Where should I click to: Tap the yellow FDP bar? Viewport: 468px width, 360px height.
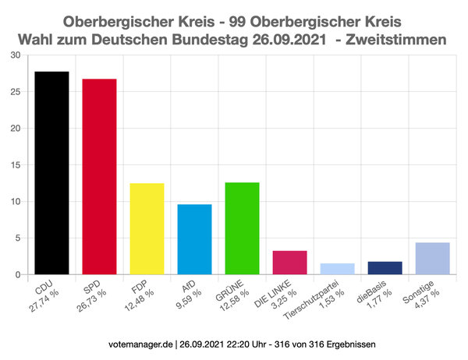[x=147, y=229]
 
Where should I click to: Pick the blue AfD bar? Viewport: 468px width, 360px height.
[x=194, y=239]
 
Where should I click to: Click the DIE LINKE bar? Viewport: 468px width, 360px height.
[x=289, y=263]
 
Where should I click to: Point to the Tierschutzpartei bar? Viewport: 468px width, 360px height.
[x=337, y=269]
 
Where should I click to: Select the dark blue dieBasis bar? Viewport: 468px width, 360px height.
[x=385, y=268]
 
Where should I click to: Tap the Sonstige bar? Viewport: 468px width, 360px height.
[x=432, y=259]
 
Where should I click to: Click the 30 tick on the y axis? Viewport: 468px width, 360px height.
[x=16, y=55]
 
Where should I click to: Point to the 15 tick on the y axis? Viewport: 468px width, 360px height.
[x=16, y=165]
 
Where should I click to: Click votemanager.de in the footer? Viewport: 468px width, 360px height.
[x=142, y=344]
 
